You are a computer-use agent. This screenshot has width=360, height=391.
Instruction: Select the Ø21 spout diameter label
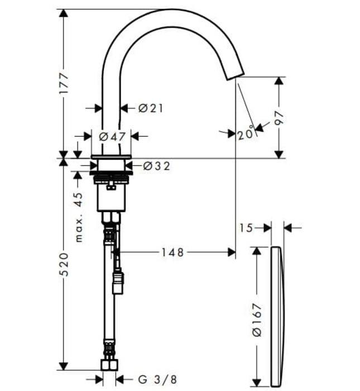tap(150, 108)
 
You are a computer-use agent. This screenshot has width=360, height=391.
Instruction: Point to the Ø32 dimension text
tap(156, 166)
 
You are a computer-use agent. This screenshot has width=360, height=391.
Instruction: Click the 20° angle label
tap(244, 135)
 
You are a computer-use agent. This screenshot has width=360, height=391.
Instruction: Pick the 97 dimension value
tap(279, 117)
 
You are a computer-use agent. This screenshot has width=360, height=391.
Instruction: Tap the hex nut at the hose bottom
tap(109, 365)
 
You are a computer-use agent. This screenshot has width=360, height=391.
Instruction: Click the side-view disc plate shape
tap(277, 316)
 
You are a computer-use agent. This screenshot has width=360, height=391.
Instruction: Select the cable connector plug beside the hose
tap(118, 282)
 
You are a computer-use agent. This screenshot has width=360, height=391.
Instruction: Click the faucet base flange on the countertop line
tap(111, 156)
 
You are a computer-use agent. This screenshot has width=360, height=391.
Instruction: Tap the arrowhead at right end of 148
tap(232, 253)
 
